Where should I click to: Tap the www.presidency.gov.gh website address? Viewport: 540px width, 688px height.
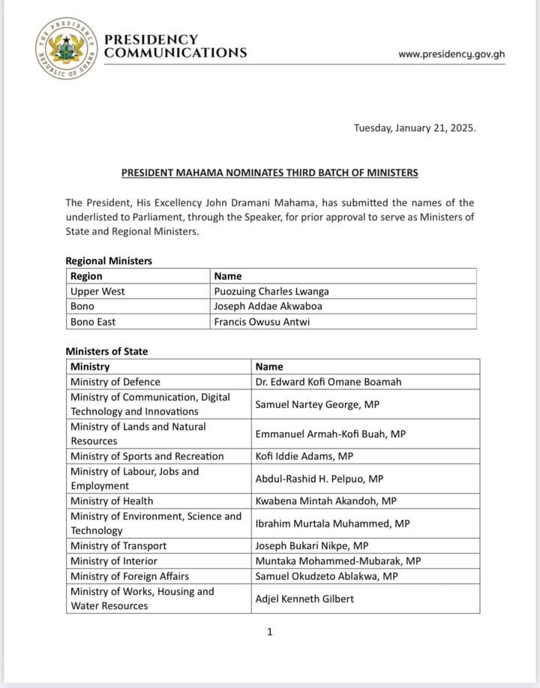(x=451, y=54)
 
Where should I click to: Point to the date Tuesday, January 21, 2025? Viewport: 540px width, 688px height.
(x=415, y=128)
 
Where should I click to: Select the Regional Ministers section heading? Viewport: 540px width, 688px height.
(x=109, y=261)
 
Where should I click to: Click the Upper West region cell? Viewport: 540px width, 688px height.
(x=97, y=291)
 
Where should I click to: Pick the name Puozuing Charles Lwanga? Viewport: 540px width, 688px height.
(x=271, y=291)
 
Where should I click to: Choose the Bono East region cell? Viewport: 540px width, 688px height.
(x=93, y=321)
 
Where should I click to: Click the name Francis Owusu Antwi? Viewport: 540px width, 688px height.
(x=262, y=321)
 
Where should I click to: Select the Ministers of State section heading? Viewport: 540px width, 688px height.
(x=106, y=351)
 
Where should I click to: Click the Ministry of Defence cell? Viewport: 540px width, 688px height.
(x=115, y=381)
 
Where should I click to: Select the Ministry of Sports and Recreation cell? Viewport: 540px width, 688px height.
(x=147, y=456)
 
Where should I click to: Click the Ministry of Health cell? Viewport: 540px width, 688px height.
(x=112, y=500)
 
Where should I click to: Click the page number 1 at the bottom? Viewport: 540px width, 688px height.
(x=270, y=632)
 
